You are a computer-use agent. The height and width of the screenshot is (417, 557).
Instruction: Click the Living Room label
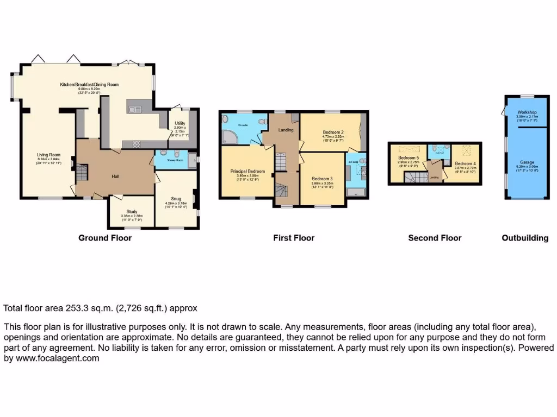[x=48, y=155]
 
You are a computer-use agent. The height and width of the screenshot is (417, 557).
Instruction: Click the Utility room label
[x=180, y=123]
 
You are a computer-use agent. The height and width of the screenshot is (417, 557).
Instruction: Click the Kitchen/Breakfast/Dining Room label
[x=89, y=85]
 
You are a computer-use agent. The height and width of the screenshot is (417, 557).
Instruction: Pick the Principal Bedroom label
[x=247, y=171]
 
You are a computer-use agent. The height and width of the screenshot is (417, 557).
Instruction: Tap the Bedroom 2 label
[x=333, y=132]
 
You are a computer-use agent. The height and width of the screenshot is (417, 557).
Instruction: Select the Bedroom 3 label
[x=322, y=179]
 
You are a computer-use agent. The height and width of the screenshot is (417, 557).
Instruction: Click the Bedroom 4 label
[x=465, y=164]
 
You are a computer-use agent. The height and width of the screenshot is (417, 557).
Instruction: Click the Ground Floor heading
[x=105, y=238]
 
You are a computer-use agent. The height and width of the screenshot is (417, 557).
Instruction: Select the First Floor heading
[x=294, y=238]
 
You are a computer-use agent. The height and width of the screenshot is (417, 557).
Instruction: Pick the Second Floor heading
[x=435, y=238]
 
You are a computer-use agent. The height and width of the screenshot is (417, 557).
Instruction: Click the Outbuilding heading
[x=525, y=238]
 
